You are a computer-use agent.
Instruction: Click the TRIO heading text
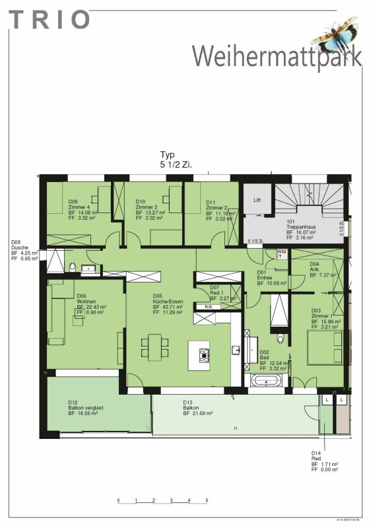tap(50, 20)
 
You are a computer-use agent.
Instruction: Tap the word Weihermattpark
tap(277, 55)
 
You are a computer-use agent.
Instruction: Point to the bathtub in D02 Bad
tap(266, 381)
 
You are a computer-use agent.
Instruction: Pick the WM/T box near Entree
tap(281, 254)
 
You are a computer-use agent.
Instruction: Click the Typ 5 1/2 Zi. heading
tap(176, 158)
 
